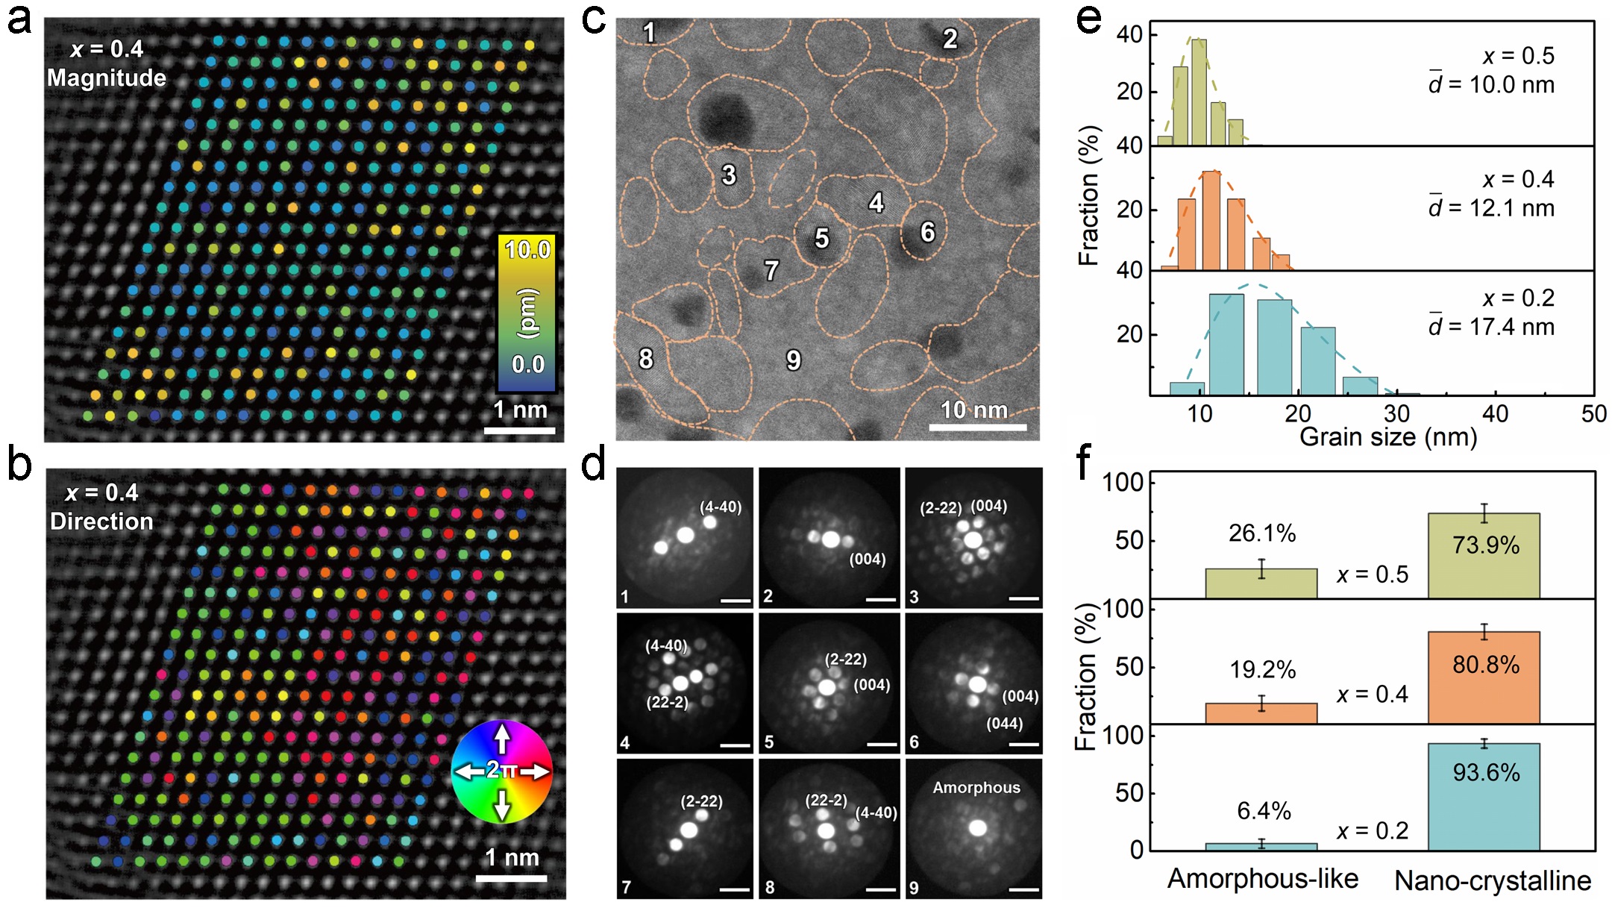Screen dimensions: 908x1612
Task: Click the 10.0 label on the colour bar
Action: tap(527, 250)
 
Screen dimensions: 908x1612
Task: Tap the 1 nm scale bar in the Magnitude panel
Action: tap(519, 430)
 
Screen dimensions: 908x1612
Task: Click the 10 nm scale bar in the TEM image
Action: tap(977, 427)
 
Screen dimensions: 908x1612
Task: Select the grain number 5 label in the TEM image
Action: tap(821, 239)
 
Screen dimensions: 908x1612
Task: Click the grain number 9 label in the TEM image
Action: tap(794, 361)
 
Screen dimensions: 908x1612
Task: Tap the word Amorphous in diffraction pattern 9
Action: tap(976, 788)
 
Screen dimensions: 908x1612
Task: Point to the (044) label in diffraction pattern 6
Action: tap(1004, 724)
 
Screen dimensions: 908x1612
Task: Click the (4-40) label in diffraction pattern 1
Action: tap(720, 507)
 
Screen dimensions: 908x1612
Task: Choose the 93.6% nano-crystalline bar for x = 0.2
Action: tap(1484, 797)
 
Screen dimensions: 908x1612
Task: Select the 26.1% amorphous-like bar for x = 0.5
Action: tap(1261, 583)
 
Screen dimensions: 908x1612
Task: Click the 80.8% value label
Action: tap(1485, 665)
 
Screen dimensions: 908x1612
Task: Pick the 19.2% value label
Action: tap(1262, 670)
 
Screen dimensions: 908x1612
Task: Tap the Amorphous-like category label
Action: tap(1262, 879)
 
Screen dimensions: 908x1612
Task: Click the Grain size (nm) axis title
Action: tap(1387, 437)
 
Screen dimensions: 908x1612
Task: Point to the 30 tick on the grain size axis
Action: tap(1396, 413)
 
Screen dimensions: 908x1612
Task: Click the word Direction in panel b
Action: tap(101, 522)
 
